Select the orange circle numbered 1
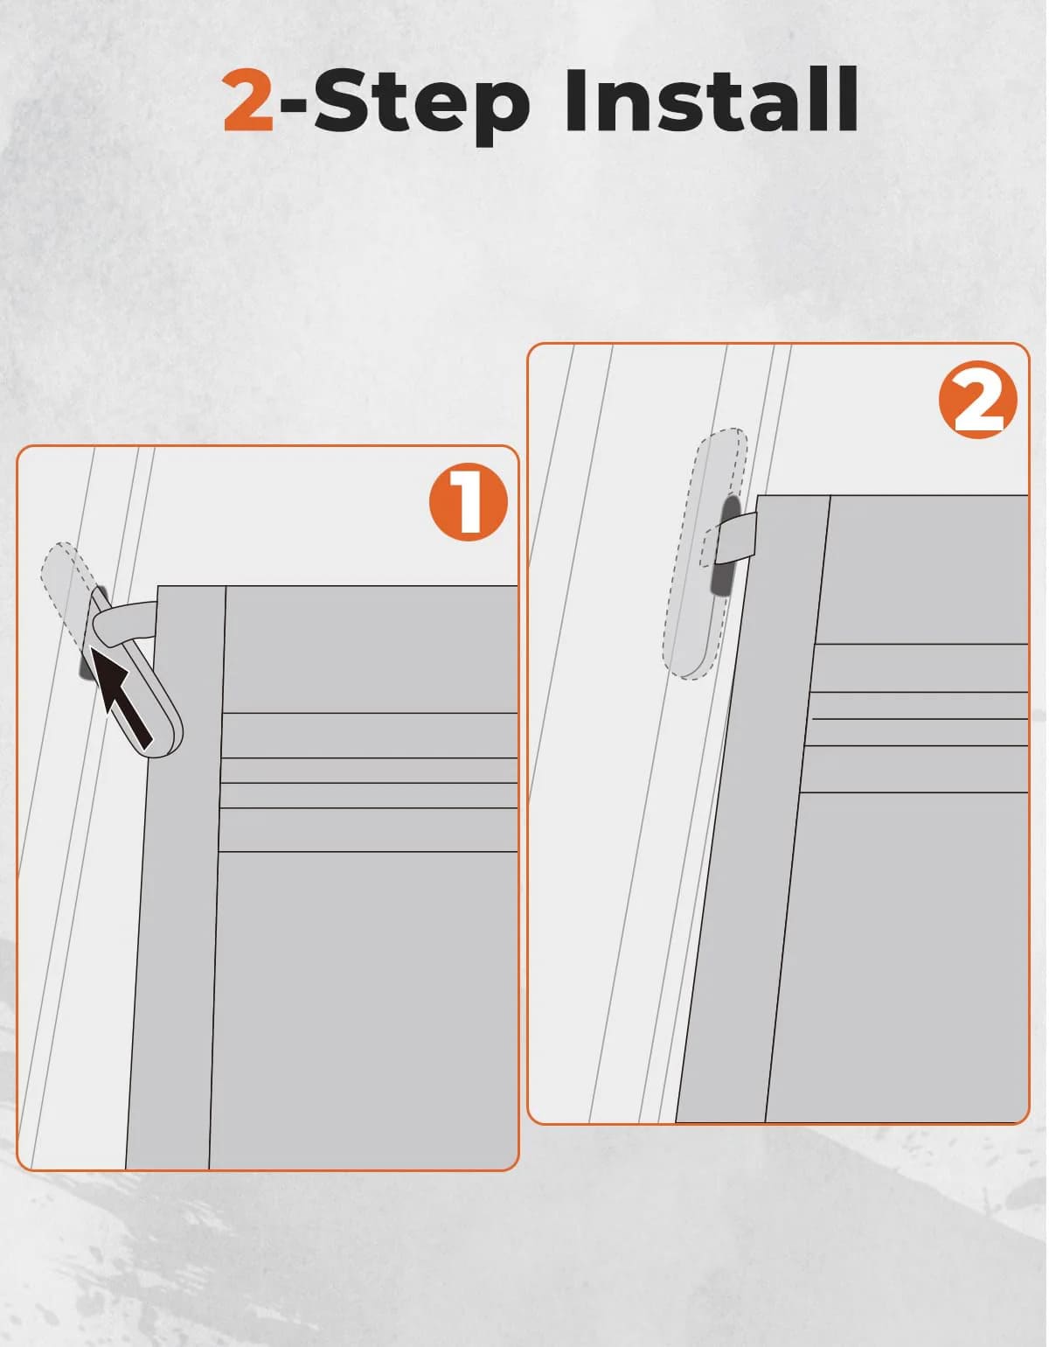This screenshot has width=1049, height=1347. pyautogui.click(x=469, y=502)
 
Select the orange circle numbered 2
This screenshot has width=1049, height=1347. pyautogui.click(x=978, y=400)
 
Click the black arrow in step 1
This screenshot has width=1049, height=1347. pyautogui.click(x=124, y=695)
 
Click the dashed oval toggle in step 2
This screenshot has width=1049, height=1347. pyautogui.click(x=705, y=553)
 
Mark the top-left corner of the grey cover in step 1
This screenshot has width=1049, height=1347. pyautogui.click(x=158, y=586)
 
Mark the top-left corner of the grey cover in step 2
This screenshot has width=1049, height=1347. pyautogui.click(x=758, y=496)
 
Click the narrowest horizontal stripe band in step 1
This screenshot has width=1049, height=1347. pyautogui.click(x=369, y=771)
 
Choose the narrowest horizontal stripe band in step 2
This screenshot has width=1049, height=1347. pyautogui.click(x=920, y=705)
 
